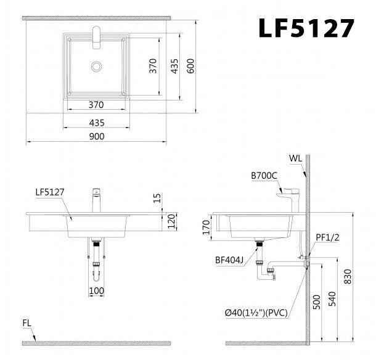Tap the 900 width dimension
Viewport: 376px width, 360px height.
(96, 136)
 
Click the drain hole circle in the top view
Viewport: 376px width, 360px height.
(96, 65)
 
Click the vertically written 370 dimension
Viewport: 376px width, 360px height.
(152, 66)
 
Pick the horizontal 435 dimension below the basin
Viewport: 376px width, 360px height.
(96, 122)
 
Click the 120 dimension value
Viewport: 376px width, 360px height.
(173, 221)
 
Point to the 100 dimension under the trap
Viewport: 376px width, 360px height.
(96, 290)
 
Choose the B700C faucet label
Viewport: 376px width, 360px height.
(263, 175)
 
